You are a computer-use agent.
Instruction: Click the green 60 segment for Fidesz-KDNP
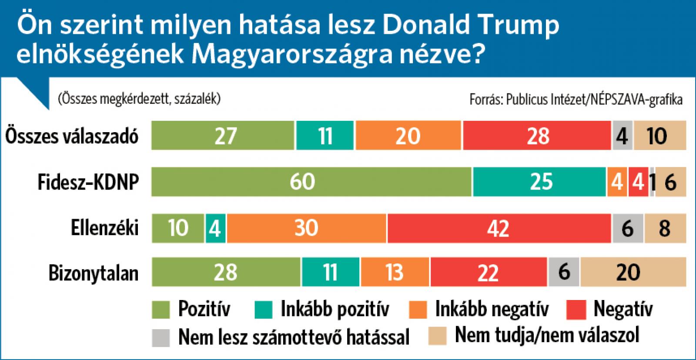311,182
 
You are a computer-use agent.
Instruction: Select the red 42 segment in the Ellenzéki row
499,228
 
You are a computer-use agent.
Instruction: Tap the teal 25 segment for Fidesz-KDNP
539,182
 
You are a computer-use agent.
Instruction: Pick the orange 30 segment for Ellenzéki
306,228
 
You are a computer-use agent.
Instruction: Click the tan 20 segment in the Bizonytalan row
633,272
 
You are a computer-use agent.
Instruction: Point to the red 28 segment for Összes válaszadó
537,136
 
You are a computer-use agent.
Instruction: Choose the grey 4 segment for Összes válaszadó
622,136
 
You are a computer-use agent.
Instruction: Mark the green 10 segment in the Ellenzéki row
178,228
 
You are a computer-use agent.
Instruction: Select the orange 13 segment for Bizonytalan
394,272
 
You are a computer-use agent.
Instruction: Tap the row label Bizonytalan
94,273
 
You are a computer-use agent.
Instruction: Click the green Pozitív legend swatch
161,310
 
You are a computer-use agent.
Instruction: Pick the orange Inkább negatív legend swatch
418,310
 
